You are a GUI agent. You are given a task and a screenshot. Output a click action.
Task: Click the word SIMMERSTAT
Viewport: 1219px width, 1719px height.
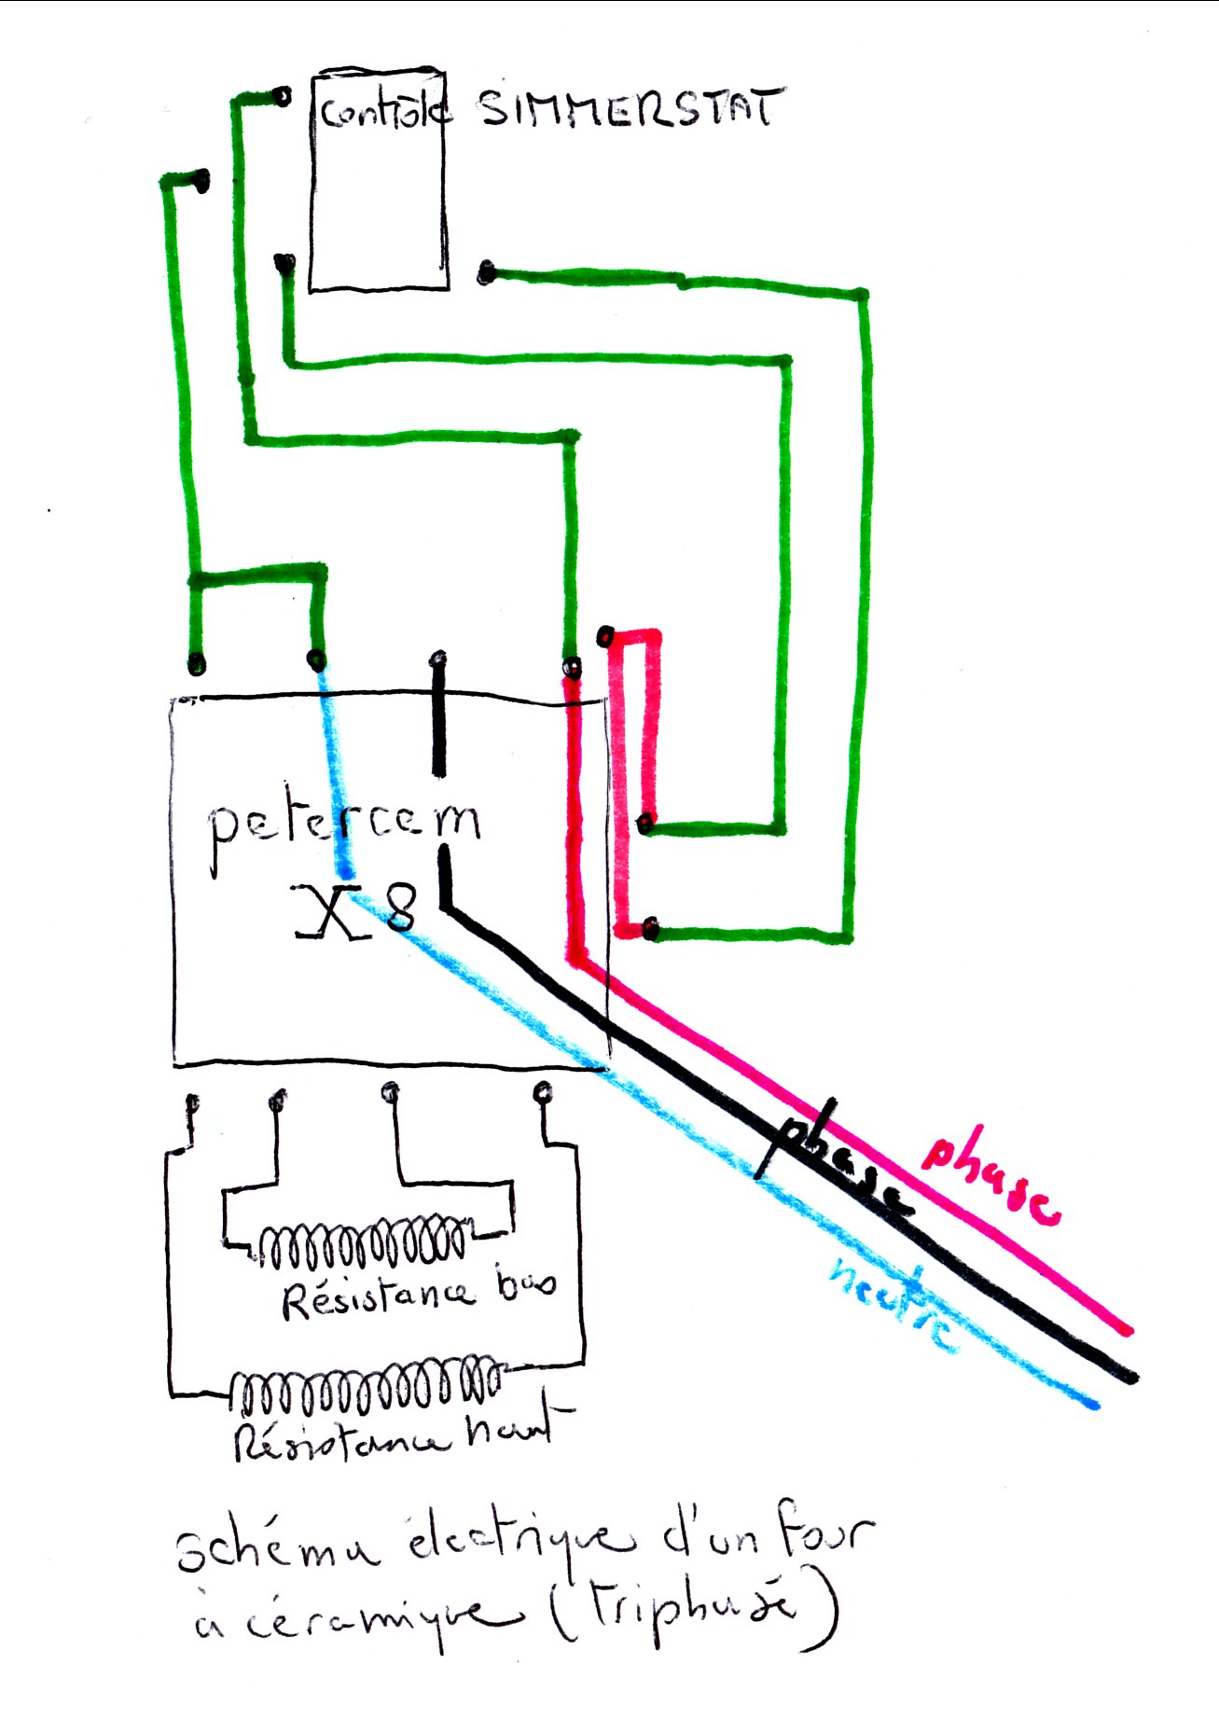(630, 108)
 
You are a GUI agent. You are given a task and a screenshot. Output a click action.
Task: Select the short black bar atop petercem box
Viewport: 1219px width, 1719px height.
(438, 714)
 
